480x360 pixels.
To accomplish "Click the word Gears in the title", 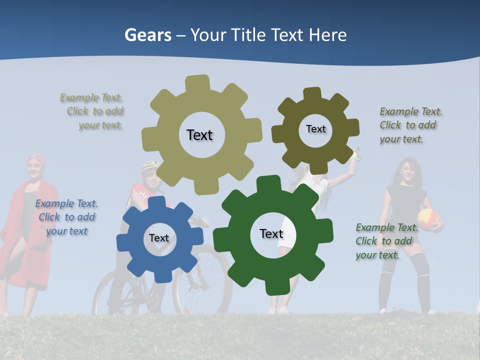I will click(147, 35).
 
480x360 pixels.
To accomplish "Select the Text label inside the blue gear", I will click(159, 238).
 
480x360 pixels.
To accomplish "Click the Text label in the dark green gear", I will click(271, 233).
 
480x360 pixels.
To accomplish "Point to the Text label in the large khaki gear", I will click(199, 135).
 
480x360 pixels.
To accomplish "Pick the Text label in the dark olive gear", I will click(315, 129).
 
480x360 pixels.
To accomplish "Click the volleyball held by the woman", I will click(428, 219).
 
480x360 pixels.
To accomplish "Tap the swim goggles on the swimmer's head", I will click(35, 159).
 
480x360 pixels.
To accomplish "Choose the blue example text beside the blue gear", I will click(66, 217).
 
